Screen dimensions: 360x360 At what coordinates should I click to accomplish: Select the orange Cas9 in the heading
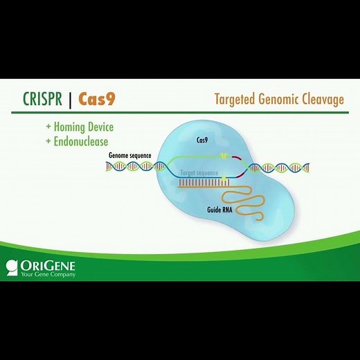point(97,99)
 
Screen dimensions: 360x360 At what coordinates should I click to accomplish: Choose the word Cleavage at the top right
point(324,100)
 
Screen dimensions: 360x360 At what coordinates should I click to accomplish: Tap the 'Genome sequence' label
point(129,156)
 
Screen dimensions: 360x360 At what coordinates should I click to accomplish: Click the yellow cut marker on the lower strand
point(224,179)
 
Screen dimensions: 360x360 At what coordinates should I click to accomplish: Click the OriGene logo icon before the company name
point(11,265)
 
